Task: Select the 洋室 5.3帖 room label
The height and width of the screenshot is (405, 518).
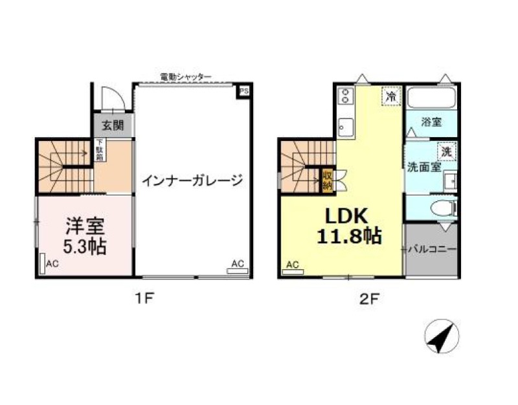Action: click(x=85, y=235)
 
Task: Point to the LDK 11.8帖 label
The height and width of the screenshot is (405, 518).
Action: click(x=348, y=224)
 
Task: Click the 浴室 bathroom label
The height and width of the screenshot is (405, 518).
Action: click(x=431, y=122)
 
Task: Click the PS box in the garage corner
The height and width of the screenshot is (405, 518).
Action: click(x=244, y=91)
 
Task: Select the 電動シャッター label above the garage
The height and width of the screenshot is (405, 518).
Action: click(x=186, y=77)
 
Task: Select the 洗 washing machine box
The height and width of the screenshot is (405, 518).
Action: click(x=446, y=152)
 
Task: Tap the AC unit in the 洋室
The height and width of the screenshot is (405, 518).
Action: click(x=42, y=265)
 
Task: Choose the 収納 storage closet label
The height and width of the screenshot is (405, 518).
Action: click(x=328, y=179)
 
